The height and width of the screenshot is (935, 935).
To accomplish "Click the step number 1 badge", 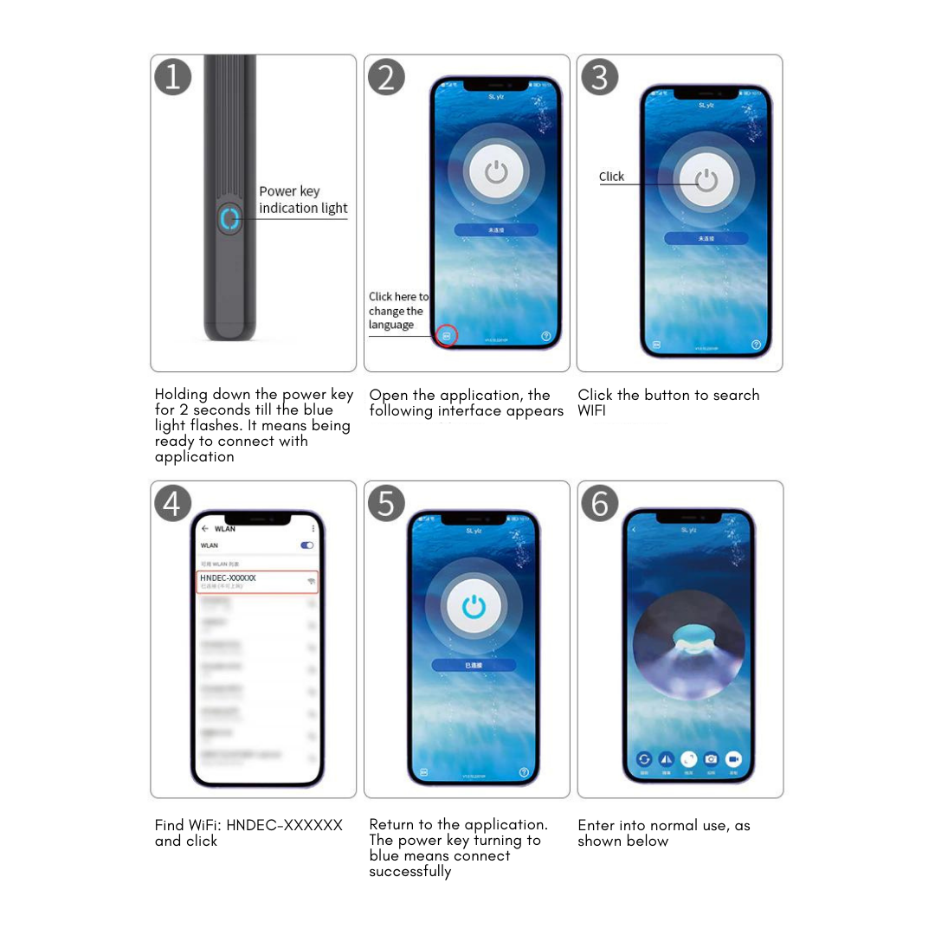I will pyautogui.click(x=172, y=77).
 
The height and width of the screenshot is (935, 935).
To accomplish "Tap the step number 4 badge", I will pyautogui.click(x=172, y=503).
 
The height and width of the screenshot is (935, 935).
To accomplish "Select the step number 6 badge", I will pyautogui.click(x=599, y=503).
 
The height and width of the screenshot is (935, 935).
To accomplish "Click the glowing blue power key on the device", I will pyautogui.click(x=229, y=219).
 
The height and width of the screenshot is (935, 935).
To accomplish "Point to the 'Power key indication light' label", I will pyautogui.click(x=302, y=200).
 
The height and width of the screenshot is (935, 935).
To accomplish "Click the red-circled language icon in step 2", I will pyautogui.click(x=447, y=335).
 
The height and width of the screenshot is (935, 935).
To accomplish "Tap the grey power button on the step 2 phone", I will pyautogui.click(x=496, y=172).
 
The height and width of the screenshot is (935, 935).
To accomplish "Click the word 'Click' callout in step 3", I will pyautogui.click(x=611, y=177).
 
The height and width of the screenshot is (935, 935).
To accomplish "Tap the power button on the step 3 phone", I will pyautogui.click(x=707, y=181).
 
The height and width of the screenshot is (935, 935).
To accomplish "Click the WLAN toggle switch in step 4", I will pyautogui.click(x=306, y=545).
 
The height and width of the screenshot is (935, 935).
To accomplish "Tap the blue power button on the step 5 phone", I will pyautogui.click(x=474, y=607).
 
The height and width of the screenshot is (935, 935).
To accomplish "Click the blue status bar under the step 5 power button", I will pyautogui.click(x=474, y=665).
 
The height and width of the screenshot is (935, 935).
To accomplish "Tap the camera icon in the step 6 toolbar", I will pyautogui.click(x=711, y=758).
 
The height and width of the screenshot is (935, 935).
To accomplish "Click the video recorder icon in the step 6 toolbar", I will pyautogui.click(x=733, y=758).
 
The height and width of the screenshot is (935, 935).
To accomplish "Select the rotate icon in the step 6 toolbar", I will pyautogui.click(x=644, y=758).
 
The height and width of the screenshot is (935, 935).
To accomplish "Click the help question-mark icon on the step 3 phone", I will pyautogui.click(x=757, y=345).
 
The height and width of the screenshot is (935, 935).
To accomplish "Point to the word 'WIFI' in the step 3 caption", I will pyautogui.click(x=592, y=411).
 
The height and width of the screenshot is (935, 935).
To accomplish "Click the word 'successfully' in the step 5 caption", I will pyautogui.click(x=410, y=872).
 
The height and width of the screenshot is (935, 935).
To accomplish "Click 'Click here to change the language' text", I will pyautogui.click(x=397, y=311).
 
